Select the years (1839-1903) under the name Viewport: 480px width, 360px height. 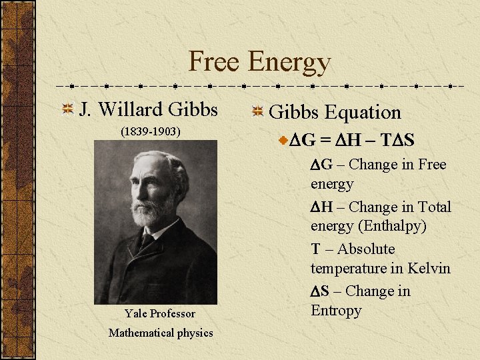(x=150, y=132)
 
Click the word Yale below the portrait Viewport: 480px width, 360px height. (x=137, y=313)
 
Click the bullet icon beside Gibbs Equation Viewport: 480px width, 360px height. (x=257, y=113)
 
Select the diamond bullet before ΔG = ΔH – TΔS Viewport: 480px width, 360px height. (x=284, y=141)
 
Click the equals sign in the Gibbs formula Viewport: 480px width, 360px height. (x=325, y=141)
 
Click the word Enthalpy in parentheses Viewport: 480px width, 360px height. (x=393, y=226)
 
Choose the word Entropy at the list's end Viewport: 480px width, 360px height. (x=336, y=311)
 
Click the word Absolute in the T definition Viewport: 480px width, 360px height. (x=366, y=249)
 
